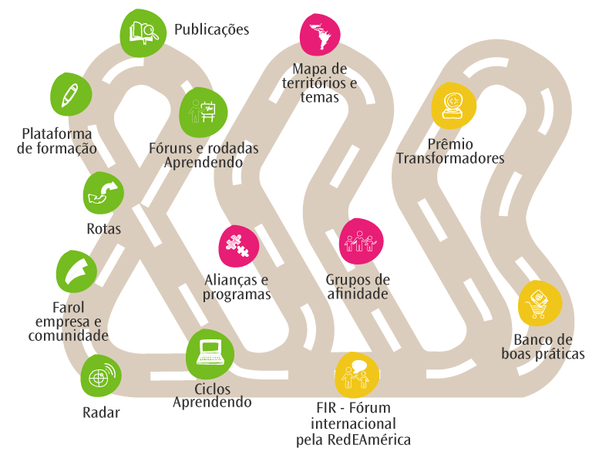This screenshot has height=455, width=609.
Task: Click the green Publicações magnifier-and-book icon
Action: coord(143,33)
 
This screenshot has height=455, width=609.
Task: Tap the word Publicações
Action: coord(211,30)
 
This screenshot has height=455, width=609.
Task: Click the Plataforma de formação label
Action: coord(58,140)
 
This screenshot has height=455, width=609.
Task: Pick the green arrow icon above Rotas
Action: coord(103,192)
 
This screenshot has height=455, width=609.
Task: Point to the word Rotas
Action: coord(103,229)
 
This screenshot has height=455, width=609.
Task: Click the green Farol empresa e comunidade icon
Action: coord(77,271)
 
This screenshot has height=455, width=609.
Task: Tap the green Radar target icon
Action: coord(101,376)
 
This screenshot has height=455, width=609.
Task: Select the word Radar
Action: coord(101,413)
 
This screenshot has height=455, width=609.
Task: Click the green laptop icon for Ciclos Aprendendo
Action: coord(210,353)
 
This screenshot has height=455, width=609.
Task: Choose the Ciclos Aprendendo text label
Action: coord(212,396)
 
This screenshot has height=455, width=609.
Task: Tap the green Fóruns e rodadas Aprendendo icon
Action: coord(204,110)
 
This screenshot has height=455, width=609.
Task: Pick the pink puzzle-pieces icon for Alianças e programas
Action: coord(239,244)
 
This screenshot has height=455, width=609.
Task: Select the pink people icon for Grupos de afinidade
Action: coord(361,241)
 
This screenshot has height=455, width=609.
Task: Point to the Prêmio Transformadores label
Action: coord(450,151)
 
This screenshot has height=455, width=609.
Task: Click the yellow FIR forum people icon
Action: coord(357,374)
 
